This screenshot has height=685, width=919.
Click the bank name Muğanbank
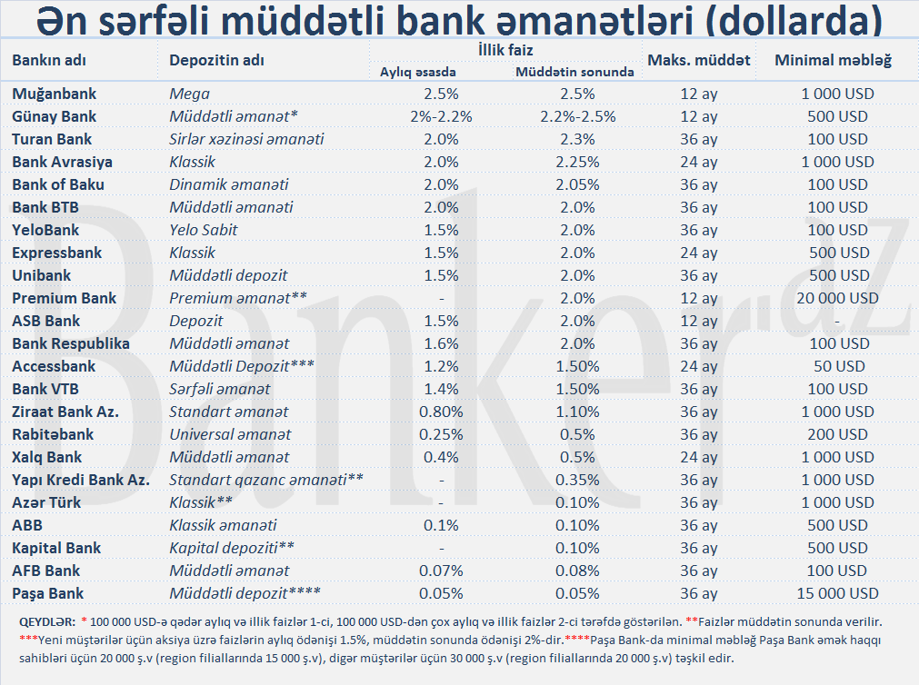coord(54,94)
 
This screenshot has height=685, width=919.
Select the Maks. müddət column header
coord(698,61)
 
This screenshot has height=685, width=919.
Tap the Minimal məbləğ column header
coord(832,61)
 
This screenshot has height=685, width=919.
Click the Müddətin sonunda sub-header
coord(574,72)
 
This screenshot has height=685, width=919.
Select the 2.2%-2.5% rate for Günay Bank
coord(577,116)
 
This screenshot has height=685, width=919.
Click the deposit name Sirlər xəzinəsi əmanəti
coord(246,139)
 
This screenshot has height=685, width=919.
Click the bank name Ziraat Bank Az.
coord(65,412)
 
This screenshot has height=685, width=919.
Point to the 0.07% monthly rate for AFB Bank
coord(441,571)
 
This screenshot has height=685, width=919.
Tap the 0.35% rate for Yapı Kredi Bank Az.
coord(577,480)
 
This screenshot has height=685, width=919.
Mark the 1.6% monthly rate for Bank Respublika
coord(441,343)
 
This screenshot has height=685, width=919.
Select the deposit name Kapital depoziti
coord(232,548)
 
